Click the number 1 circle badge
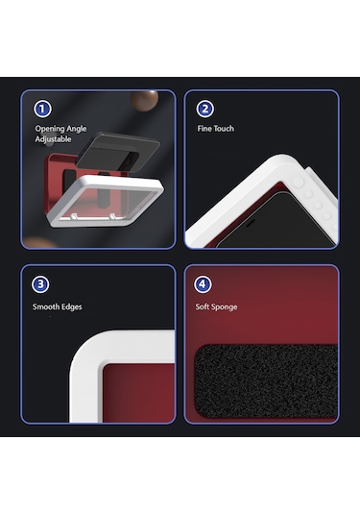(42, 109)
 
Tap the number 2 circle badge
(205, 109)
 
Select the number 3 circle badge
(40, 284)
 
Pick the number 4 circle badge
(203, 283)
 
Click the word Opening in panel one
(50, 129)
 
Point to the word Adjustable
(53, 139)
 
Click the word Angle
(77, 129)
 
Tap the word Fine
(204, 129)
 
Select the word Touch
(224, 129)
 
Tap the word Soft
(202, 306)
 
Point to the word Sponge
(224, 307)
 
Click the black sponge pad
(266, 380)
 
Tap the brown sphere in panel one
(144, 100)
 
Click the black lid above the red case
(118, 152)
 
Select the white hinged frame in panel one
(106, 201)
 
